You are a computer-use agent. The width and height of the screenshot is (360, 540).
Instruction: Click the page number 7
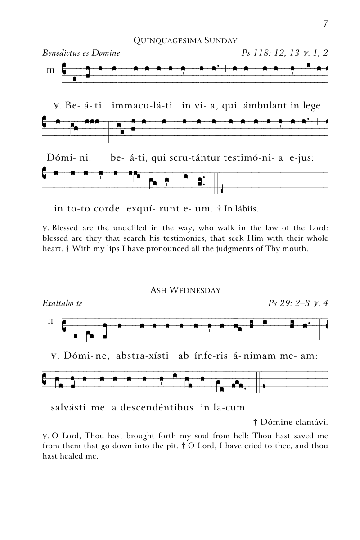tap(325, 24)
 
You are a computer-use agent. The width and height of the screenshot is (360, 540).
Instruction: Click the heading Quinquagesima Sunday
tap(185, 41)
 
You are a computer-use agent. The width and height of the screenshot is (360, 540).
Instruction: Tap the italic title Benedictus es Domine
tap(81, 53)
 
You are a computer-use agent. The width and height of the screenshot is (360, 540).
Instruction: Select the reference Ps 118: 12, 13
tap(270, 53)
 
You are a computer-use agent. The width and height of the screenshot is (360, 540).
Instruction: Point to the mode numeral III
tap(50, 71)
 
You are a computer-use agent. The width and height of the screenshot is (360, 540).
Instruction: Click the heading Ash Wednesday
tap(185, 290)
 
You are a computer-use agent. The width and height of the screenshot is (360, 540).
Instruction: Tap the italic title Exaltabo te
tap(62, 303)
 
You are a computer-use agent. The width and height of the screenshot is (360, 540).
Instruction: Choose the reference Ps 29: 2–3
tap(288, 303)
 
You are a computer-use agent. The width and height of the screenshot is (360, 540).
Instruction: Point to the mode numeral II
tap(50, 321)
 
